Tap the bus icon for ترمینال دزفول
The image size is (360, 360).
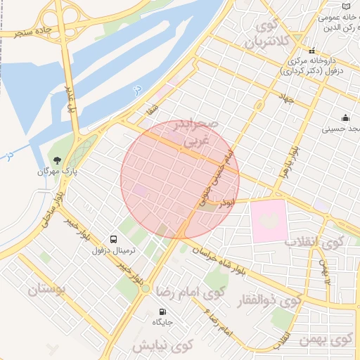113,238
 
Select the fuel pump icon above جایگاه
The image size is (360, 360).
163,311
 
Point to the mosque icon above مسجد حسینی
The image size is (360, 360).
345,117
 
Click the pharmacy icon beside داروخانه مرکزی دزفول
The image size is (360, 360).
311,51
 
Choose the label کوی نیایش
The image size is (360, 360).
162,346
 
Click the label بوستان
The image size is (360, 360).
49,289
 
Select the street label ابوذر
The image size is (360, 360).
226,202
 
